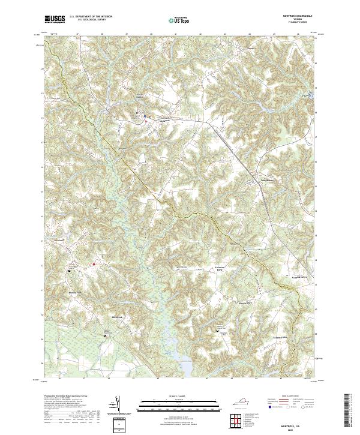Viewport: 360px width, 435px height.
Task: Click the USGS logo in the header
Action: (x=55, y=19)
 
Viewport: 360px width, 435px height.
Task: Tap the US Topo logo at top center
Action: (x=179, y=19)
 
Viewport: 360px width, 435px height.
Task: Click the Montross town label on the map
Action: (x=156, y=120)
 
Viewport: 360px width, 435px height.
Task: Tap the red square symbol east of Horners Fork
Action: (x=94, y=263)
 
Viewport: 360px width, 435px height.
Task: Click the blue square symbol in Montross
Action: (x=145, y=118)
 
